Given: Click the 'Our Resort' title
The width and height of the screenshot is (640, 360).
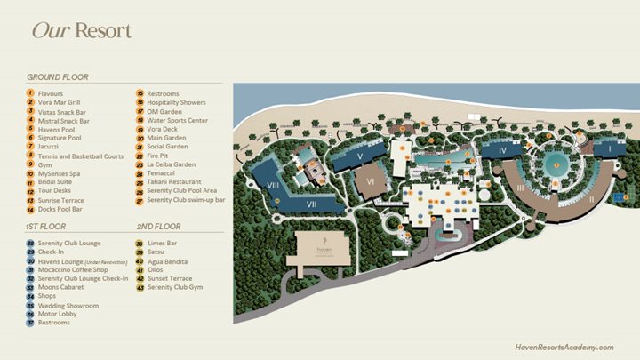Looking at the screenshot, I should pos(81,31).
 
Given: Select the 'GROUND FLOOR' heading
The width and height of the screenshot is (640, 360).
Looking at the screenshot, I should pos(57,77).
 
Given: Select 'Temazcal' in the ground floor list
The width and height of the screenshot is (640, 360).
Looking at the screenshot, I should pos(164,173).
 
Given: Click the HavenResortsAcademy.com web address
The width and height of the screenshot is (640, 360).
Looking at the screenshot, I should pos(564,347).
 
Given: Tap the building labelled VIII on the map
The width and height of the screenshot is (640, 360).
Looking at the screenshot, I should pos(273,185).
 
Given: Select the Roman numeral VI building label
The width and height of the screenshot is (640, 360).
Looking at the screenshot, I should pos(369,180).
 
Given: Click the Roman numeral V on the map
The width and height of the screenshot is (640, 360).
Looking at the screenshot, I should pos(359,156).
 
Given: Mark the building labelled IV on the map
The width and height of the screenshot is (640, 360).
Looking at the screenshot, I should pos(502,150).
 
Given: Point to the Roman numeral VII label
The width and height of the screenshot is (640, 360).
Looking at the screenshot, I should pos(312,204).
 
